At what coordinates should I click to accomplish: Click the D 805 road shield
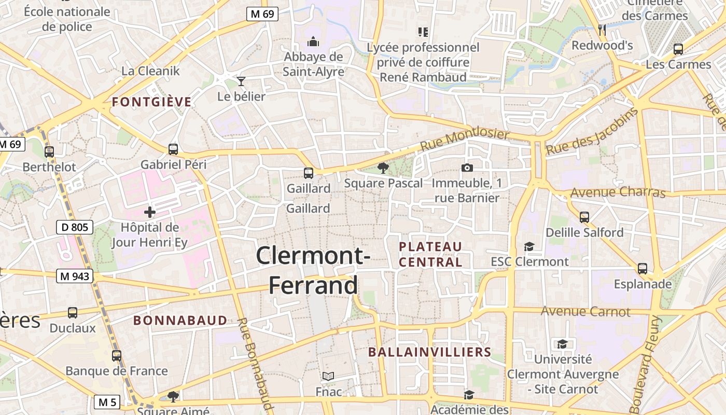(75, 227)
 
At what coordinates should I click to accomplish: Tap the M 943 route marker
(75, 276)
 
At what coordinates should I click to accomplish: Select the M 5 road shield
(107, 402)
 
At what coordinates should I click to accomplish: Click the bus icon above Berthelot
(49, 152)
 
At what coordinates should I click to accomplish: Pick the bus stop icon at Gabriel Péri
(173, 149)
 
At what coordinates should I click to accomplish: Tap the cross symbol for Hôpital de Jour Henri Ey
(150, 212)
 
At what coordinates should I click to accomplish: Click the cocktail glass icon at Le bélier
(241, 81)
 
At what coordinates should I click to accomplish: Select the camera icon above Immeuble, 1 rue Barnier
(467, 168)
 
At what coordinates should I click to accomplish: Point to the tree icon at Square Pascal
(383, 168)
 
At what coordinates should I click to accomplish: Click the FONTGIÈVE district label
(152, 102)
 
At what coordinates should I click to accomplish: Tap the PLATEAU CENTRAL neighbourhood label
(430, 254)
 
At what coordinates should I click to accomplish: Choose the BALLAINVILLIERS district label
(429, 352)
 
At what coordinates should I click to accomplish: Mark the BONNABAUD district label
(180, 320)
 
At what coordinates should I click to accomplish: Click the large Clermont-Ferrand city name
(313, 270)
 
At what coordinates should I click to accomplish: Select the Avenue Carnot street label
(585, 311)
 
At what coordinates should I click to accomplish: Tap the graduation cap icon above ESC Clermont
(529, 246)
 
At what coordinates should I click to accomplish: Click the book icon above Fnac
(328, 376)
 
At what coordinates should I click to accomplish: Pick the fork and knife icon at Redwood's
(602, 30)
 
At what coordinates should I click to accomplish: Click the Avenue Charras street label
(618, 192)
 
